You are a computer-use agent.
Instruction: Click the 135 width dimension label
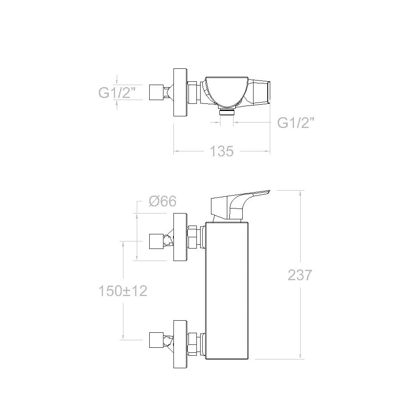tap(222, 151)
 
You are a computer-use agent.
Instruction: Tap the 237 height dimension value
tap(299, 275)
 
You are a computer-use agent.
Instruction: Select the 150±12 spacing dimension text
tap(123, 291)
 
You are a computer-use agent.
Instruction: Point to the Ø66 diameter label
tap(163, 201)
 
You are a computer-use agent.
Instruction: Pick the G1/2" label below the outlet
tap(296, 123)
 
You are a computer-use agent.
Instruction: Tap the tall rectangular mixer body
tap(227, 290)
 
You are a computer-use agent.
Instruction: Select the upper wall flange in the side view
tap(180, 237)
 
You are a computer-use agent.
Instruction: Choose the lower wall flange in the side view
tap(180, 344)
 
